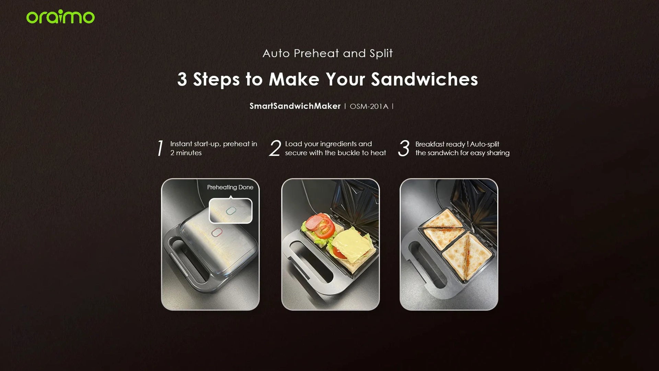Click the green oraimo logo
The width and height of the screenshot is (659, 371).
[60, 17]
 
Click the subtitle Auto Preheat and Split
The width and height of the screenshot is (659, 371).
[327, 53]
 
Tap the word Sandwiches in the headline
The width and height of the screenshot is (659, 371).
[425, 79]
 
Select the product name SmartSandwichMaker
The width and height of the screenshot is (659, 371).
[295, 106]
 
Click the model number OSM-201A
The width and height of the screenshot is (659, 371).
[369, 106]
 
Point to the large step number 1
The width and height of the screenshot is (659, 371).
[160, 148]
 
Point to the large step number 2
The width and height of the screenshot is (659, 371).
[275, 148]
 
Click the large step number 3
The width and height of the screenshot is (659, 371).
[404, 148]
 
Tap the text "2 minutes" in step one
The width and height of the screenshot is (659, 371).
[186, 153]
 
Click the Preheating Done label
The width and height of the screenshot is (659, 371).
[230, 187]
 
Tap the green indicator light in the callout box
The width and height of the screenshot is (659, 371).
[231, 211]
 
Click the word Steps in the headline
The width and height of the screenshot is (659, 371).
[216, 80]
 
